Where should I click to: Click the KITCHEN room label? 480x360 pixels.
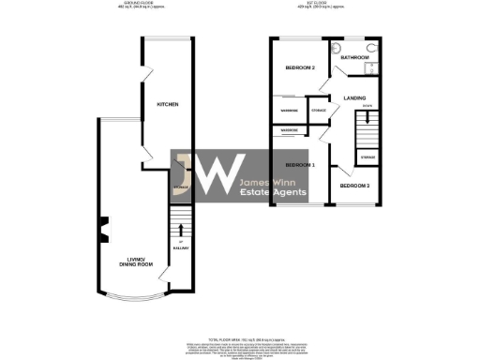(168, 104)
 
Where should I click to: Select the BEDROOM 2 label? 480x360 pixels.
(299, 68)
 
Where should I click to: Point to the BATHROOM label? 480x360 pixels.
(354, 58)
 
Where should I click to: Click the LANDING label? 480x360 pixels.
(354, 97)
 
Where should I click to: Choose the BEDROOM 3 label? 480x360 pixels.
(353, 186)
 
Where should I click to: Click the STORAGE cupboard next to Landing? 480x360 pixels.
(319, 111)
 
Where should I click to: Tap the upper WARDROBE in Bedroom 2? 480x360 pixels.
(290, 111)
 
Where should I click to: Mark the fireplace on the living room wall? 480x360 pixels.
(104, 226)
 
